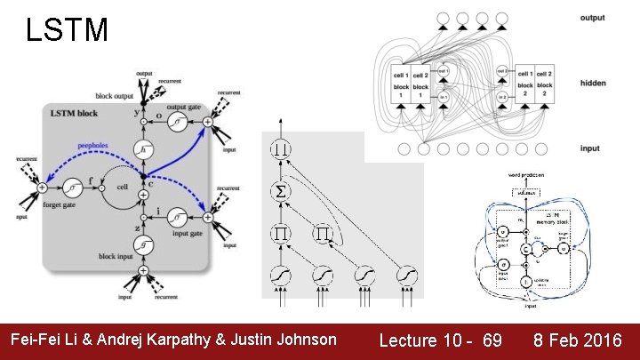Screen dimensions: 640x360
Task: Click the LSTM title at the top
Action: pyautogui.click(x=68, y=31)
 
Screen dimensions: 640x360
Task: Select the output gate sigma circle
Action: pyautogui.click(x=180, y=121)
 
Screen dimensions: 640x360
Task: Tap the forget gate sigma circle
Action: pyautogui.click(x=72, y=188)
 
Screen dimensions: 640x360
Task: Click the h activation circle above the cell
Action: pyautogui.click(x=142, y=153)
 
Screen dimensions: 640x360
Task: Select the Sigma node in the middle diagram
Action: pyautogui.click(x=281, y=191)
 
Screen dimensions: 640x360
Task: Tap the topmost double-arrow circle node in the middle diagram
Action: pyautogui.click(x=281, y=148)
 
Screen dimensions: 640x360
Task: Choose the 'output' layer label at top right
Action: pyautogui.click(x=592, y=17)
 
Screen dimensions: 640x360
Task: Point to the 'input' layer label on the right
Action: pyautogui.click(x=590, y=148)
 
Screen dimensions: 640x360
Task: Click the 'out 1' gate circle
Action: pyautogui.click(x=443, y=70)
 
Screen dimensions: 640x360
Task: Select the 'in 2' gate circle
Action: pyautogui.click(x=502, y=95)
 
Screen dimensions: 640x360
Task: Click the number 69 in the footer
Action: pyautogui.click(x=492, y=340)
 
